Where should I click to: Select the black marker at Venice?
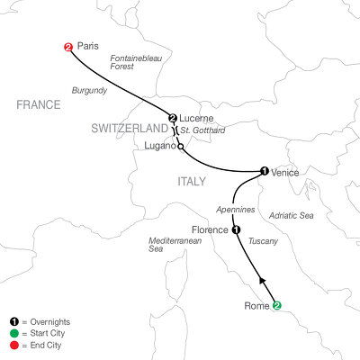tap(264, 171)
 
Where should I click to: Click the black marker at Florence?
tap(237, 229)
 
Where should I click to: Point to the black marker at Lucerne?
tap(171, 118)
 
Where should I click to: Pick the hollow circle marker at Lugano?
tap(181, 147)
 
